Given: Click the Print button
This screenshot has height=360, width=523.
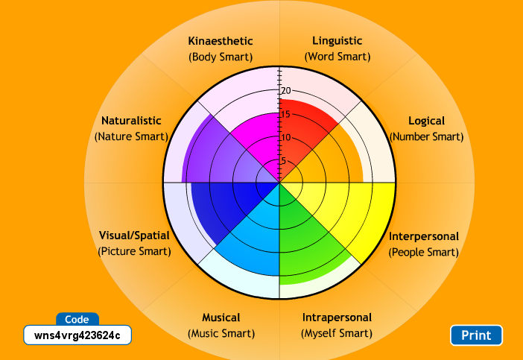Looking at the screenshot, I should (476, 335).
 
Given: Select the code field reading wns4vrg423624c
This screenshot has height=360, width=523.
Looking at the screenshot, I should (77, 335).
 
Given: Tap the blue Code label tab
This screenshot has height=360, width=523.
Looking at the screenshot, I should (77, 319).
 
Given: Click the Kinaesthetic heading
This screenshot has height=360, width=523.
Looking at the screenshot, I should (221, 41).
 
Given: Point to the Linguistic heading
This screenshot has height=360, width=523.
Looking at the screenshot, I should (337, 41).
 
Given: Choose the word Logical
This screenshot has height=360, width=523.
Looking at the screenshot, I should (426, 121).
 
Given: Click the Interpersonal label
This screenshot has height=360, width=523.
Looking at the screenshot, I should (424, 237).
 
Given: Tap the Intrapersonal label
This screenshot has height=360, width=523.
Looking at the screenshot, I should (337, 318).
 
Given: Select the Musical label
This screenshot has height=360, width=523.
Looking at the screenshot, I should (221, 318).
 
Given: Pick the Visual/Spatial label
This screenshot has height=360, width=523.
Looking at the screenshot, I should (134, 236).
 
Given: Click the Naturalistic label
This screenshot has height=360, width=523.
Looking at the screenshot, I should (131, 121).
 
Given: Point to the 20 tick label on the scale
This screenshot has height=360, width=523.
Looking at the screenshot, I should (285, 91).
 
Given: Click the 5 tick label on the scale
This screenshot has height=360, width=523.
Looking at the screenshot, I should (282, 161).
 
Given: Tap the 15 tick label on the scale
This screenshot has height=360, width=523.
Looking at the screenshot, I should (285, 114).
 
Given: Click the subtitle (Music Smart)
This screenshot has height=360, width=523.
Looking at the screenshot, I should (221, 333).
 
